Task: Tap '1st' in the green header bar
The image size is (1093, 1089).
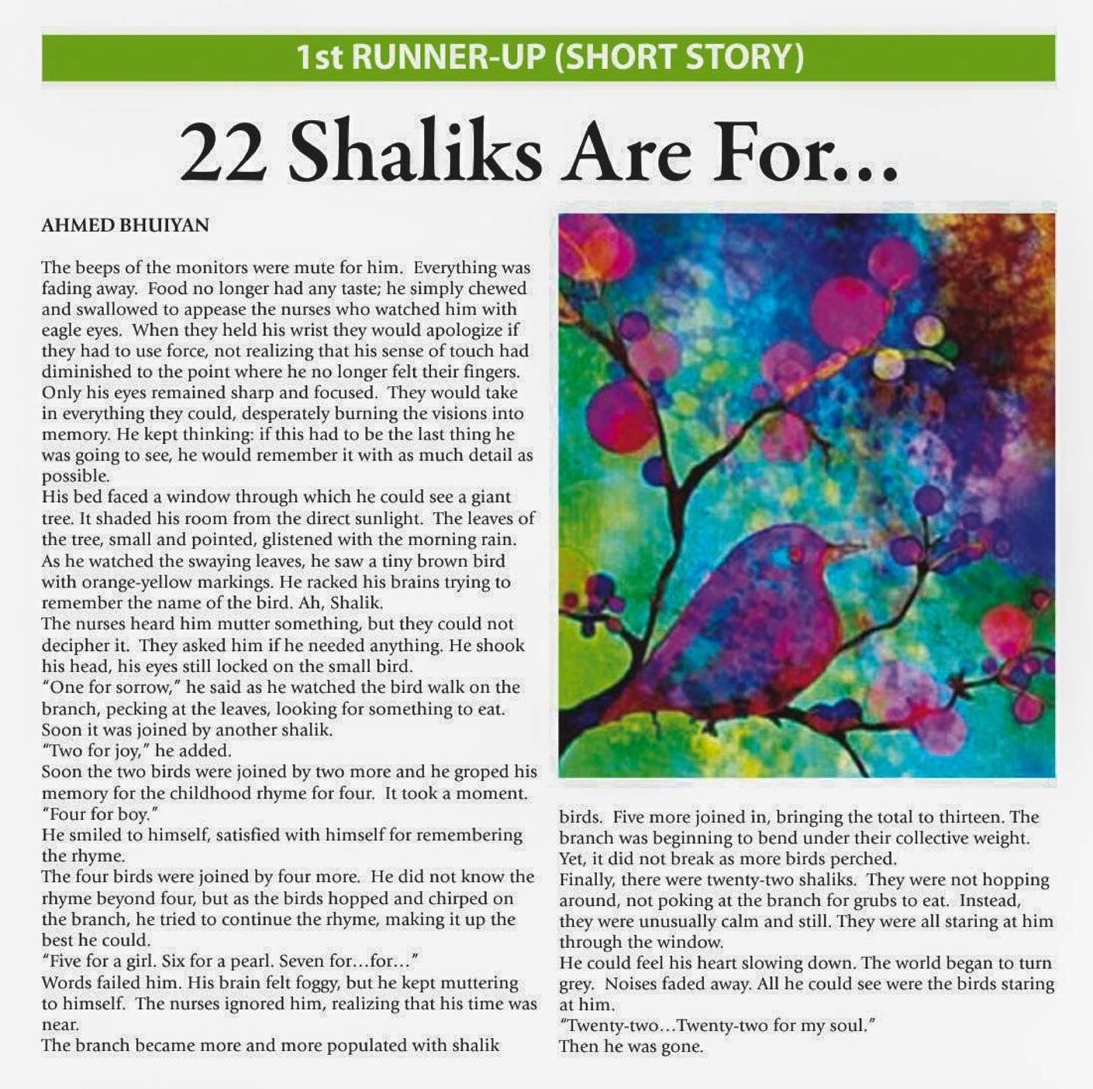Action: [x=319, y=57]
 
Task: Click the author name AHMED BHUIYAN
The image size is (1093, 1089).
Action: [x=125, y=226]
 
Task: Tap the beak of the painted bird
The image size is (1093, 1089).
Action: [x=849, y=547]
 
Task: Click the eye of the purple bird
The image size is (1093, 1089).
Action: [x=795, y=552]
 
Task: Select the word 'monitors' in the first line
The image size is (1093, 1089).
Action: [x=210, y=267]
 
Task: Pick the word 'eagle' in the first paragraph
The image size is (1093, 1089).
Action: [x=61, y=330]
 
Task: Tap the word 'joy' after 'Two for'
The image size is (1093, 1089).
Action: [x=129, y=750]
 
